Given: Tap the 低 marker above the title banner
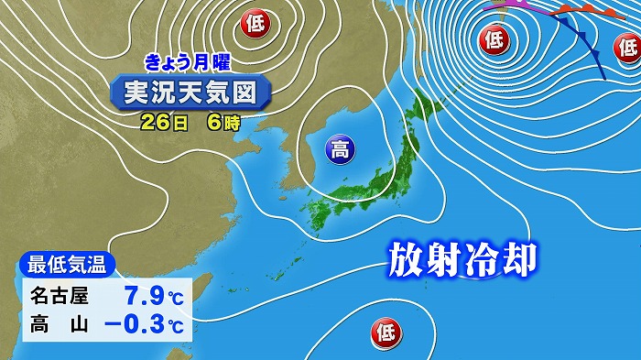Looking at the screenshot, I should pyautogui.click(x=253, y=24).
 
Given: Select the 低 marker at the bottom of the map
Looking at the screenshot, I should pyautogui.click(x=384, y=331).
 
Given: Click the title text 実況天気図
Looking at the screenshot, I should pyautogui.click(x=191, y=92).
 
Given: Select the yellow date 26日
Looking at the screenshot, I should pyautogui.click(x=161, y=121).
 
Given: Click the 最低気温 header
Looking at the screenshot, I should pyautogui.click(x=66, y=267).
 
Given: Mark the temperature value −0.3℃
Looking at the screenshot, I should pyautogui.click(x=143, y=324).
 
